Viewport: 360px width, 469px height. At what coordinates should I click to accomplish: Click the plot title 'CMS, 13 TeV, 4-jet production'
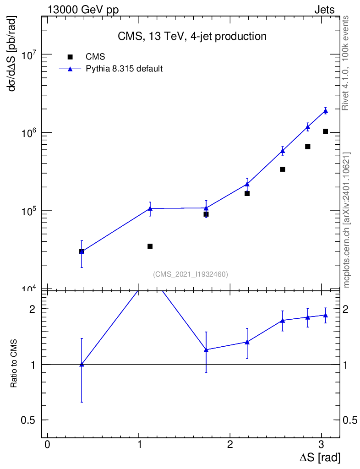click(191, 36)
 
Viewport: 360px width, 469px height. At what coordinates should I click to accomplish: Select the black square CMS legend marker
click(70, 57)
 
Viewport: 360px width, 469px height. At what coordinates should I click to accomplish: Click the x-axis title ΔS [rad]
click(320, 458)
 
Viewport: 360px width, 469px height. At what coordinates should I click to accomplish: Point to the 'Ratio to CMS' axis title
click(14, 365)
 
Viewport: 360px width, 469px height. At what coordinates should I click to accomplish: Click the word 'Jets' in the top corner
click(324, 10)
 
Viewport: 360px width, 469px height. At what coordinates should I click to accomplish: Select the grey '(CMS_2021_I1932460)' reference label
click(191, 274)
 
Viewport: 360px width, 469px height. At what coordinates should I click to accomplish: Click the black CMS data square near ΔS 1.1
click(150, 246)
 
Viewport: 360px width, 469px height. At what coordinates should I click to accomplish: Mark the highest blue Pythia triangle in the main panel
click(325, 111)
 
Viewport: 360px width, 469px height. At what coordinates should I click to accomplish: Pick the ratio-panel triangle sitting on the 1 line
click(82, 364)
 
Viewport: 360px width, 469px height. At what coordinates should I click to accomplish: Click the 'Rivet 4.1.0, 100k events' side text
click(346, 63)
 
